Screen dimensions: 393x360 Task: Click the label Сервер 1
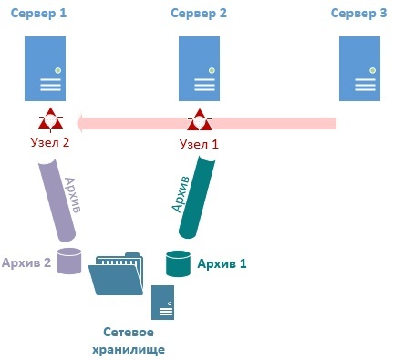[38, 14]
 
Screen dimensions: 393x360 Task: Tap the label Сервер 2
[199, 14]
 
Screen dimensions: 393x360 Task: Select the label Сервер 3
[359, 14]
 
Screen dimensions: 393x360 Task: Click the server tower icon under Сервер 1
[45, 68]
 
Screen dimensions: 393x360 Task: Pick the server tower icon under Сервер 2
[199, 68]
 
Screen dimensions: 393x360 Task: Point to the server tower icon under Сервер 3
[359, 68]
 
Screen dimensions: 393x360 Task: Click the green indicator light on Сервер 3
[372, 71]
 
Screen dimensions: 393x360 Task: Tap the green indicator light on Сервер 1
[57, 71]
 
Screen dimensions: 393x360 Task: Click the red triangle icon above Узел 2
[50, 119]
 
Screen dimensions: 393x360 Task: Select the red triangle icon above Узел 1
[200, 120]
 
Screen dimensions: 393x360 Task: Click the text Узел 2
[50, 142]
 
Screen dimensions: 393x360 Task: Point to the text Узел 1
[199, 144]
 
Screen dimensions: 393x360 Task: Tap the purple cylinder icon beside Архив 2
[69, 261]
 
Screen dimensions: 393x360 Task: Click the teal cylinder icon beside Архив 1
[178, 263]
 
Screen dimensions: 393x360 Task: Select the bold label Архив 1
[222, 263]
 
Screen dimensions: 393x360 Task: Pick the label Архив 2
[26, 262]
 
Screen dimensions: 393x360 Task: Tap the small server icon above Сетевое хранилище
[163, 303]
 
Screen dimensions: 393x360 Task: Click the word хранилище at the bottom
[129, 350]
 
